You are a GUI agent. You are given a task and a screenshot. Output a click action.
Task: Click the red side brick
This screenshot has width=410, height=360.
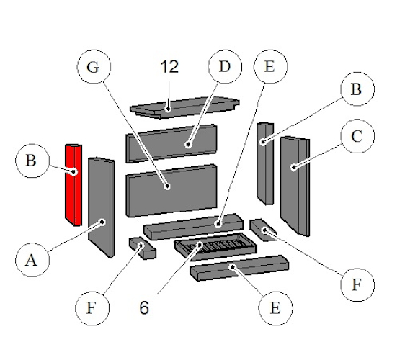pyautogui.click(x=73, y=184)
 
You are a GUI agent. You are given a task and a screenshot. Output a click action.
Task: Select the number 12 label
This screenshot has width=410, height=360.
pyautogui.click(x=169, y=68)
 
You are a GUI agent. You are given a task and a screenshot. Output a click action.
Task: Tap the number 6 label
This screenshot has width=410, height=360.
pyautogui.click(x=144, y=307)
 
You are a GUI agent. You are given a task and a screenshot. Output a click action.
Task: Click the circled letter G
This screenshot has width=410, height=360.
pyautogui.click(x=92, y=68)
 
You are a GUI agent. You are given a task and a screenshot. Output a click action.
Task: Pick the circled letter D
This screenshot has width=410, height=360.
pyautogui.click(x=224, y=68)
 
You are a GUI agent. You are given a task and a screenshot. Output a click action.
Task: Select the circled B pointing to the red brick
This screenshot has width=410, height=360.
pyautogui.click(x=31, y=161)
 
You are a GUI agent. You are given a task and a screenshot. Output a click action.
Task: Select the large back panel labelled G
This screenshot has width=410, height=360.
pyautogui.click(x=171, y=189)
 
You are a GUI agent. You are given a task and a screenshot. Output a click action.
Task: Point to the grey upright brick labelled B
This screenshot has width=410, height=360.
pyautogui.click(x=265, y=162)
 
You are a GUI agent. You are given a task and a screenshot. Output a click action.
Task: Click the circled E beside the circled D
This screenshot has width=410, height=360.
pyautogui.click(x=269, y=68)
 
